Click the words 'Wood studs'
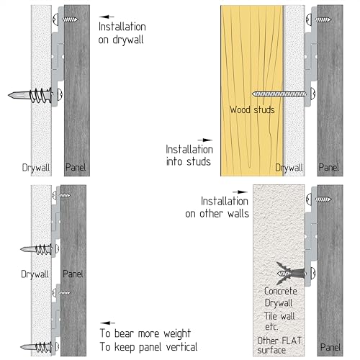tap(252, 110)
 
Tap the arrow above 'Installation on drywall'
tap(107, 17)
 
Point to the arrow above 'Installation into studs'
tap(204, 140)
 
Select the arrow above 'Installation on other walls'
tap(240, 192)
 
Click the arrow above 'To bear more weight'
tap(108, 323)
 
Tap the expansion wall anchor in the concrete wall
tap(292, 273)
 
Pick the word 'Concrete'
tap(281, 291)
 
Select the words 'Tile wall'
tap(279, 316)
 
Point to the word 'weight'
tap(177, 334)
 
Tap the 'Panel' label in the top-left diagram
tap(76, 167)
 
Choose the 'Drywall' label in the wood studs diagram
tap(289, 168)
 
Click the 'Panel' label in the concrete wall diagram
tap(330, 347)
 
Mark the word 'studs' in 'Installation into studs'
tap(199, 161)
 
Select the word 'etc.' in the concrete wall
tap(271, 327)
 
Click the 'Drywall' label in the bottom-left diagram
tap(35, 274)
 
